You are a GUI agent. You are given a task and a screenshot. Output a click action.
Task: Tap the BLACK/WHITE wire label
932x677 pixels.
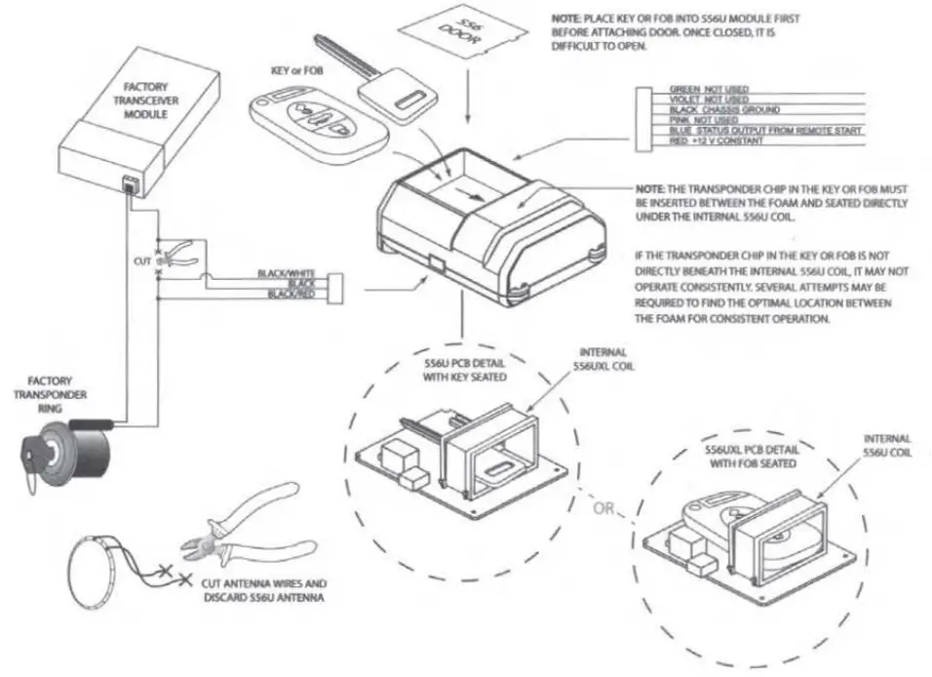[278, 273]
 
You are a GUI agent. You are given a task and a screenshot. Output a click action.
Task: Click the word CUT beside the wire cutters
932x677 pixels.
[143, 261]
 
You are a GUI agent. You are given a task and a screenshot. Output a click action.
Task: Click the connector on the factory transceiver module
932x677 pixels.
[131, 183]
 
